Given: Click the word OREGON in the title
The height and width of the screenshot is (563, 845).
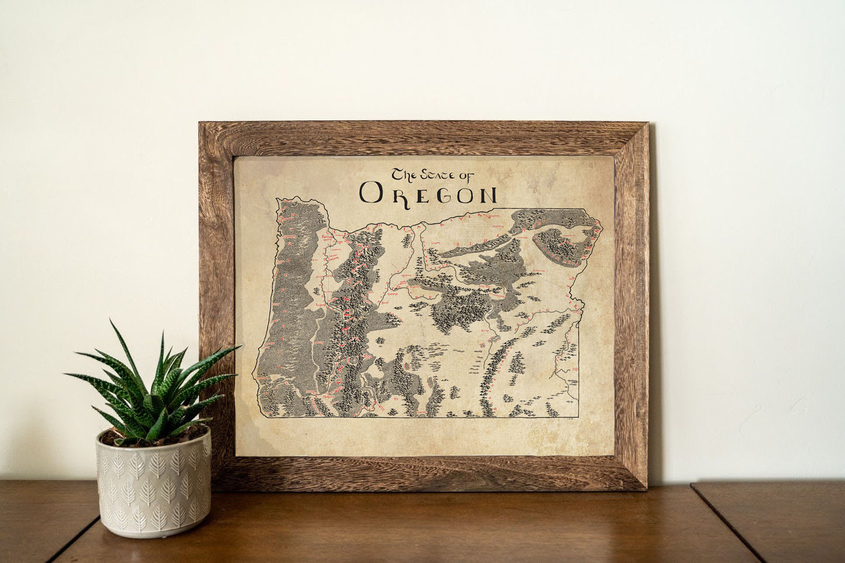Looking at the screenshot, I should coord(428,193).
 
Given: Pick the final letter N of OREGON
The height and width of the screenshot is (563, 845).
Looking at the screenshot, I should coord(486,194).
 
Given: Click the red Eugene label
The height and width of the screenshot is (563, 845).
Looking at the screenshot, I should coord(320,305).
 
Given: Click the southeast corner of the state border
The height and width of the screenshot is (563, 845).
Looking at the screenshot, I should coord(578,417).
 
